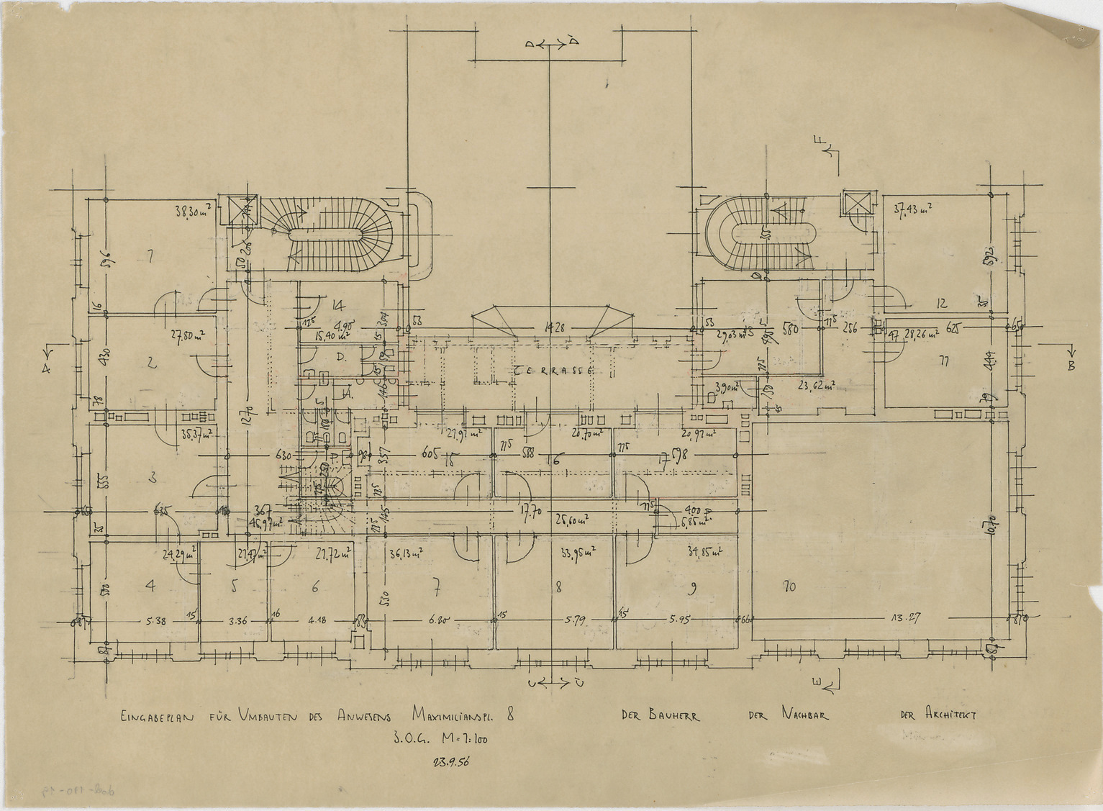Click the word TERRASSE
pos(553,370)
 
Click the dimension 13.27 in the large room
pos(907,617)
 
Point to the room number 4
pos(150,586)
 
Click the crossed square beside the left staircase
pos(237,210)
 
